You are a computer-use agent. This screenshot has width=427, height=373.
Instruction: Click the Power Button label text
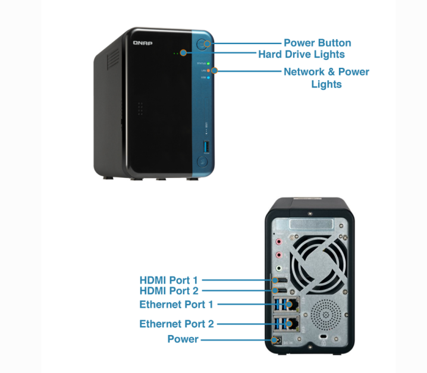point(317,43)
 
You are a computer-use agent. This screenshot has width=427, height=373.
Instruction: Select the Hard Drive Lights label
point(301,54)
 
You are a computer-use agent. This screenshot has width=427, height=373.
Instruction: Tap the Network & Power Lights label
point(326,78)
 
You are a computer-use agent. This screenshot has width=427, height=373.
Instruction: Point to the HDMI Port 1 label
point(168,278)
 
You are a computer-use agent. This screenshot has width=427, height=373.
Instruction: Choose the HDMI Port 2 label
point(168,291)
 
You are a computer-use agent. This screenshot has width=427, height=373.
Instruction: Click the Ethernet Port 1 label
point(176,304)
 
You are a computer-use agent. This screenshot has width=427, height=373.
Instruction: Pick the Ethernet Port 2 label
point(176,324)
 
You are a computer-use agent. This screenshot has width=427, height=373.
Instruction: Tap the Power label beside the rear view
point(183,339)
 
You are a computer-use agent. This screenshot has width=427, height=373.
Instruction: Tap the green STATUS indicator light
point(208,62)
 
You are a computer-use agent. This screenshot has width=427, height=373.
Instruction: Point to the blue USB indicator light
point(208,77)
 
